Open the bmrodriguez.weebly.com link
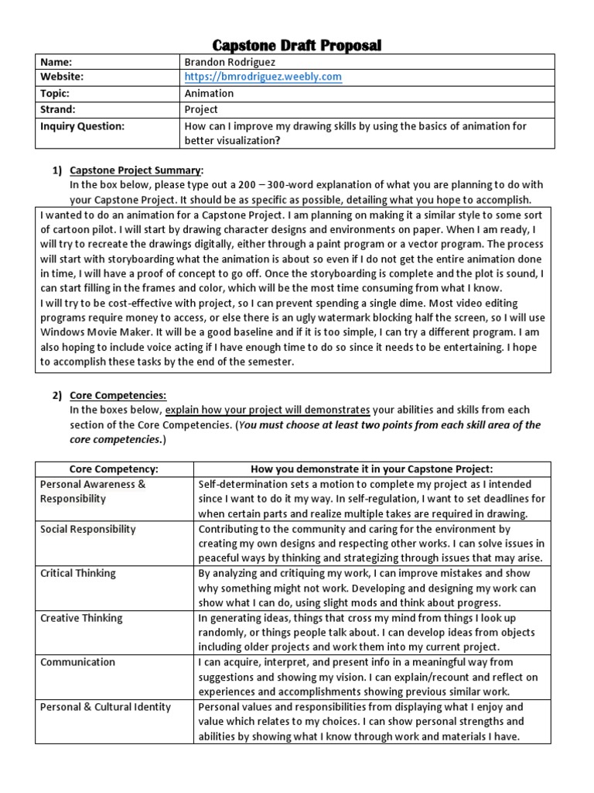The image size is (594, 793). point(262,77)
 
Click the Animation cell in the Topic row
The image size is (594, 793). point(208,94)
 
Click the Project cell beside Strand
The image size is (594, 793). point(201,110)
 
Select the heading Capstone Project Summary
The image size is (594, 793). point(136,170)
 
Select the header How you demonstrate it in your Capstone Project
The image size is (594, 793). point(372,469)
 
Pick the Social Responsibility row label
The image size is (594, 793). point(87,529)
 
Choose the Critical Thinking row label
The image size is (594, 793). point(77,573)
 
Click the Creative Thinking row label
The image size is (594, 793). point(80,618)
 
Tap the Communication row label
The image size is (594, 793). point(77,662)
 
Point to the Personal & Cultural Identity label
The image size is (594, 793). point(105,707)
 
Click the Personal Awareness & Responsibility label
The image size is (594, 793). point(92,492)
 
